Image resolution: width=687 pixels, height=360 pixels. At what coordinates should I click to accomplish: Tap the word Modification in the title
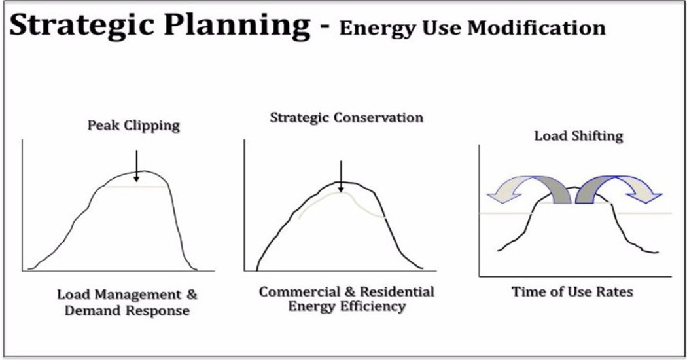click(x=537, y=28)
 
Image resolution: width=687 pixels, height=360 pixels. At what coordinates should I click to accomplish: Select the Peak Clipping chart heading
click(x=133, y=126)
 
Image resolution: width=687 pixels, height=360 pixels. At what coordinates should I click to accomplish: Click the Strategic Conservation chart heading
click(x=347, y=118)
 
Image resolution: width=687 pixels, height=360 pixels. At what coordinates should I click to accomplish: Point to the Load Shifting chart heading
click(x=579, y=135)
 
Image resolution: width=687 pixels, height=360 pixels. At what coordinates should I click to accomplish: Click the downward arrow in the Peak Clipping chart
click(x=136, y=166)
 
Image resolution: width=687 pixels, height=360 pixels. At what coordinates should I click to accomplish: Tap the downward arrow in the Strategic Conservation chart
click(x=341, y=176)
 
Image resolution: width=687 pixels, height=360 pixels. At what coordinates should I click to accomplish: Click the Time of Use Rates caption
click(x=572, y=292)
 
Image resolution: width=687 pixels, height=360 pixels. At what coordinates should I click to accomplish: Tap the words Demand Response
click(x=127, y=310)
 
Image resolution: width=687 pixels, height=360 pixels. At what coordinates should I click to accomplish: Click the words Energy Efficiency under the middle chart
click(x=347, y=306)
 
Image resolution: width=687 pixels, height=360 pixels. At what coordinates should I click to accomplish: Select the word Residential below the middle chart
click(x=397, y=292)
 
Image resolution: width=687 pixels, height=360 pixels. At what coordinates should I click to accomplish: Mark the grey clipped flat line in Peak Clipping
click(x=136, y=187)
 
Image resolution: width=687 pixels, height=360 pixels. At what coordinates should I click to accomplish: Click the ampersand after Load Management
click(x=192, y=295)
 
